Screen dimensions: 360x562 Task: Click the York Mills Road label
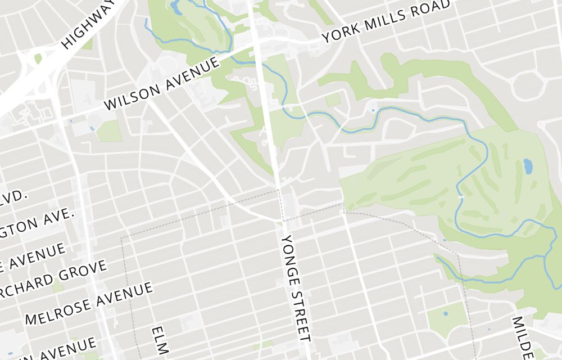tap(387, 21)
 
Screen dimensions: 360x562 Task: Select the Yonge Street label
tap(296, 287)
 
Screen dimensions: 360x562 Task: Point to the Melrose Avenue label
tap(89, 303)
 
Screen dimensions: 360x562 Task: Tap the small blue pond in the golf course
tap(528, 166)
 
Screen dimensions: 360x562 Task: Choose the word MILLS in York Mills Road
tap(381, 23)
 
